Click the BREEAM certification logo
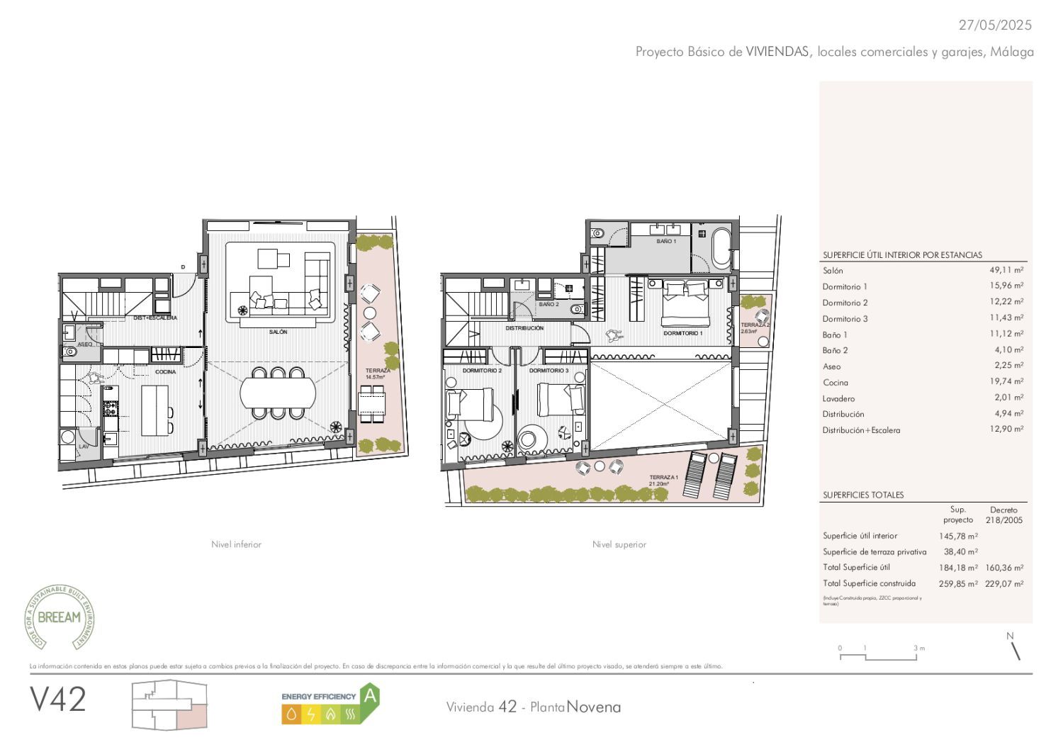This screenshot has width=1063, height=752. click(x=60, y=617)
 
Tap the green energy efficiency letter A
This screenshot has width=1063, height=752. click(x=369, y=696)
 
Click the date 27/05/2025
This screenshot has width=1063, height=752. click(x=995, y=25)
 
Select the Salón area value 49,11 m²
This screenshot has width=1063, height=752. click(x=1006, y=270)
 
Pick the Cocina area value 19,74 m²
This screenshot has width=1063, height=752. click(x=1006, y=382)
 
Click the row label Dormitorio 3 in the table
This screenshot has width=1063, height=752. click(x=845, y=319)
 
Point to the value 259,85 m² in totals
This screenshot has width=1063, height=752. click(x=958, y=584)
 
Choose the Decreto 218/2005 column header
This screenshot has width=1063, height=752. click(x=1003, y=515)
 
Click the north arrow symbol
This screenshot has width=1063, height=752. click(x=1015, y=648)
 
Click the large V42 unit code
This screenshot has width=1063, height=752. click(x=58, y=700)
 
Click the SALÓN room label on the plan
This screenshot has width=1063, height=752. click(x=278, y=332)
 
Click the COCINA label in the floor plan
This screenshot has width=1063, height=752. click(x=165, y=372)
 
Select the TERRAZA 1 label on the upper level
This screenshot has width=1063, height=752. click(x=663, y=478)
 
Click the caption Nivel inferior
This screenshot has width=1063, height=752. click(x=236, y=544)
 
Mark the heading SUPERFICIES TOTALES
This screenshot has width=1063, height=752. click(x=863, y=495)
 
